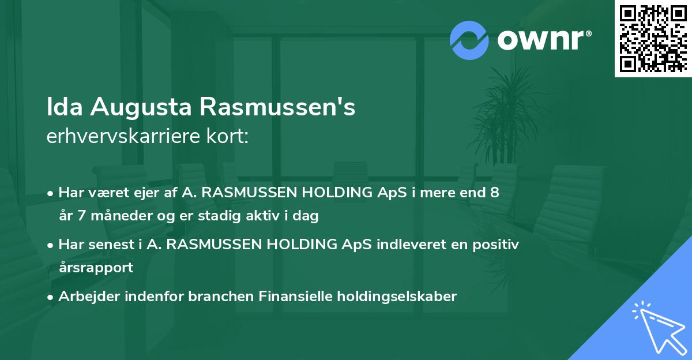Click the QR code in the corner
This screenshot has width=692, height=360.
pos(653,38)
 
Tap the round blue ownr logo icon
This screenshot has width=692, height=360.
pos(469,39)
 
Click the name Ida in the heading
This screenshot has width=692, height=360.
pos(65,108)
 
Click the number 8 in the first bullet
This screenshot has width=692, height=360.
pos(494,193)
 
